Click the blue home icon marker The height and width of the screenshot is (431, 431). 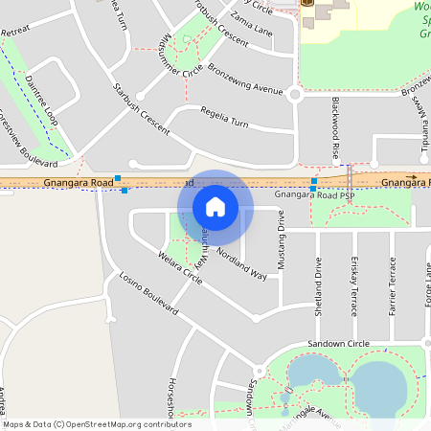215,207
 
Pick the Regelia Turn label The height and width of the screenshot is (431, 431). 222,124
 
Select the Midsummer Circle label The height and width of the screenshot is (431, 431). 183,55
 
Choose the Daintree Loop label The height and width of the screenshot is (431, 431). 43,101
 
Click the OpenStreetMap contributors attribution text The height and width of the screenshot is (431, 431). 96,424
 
